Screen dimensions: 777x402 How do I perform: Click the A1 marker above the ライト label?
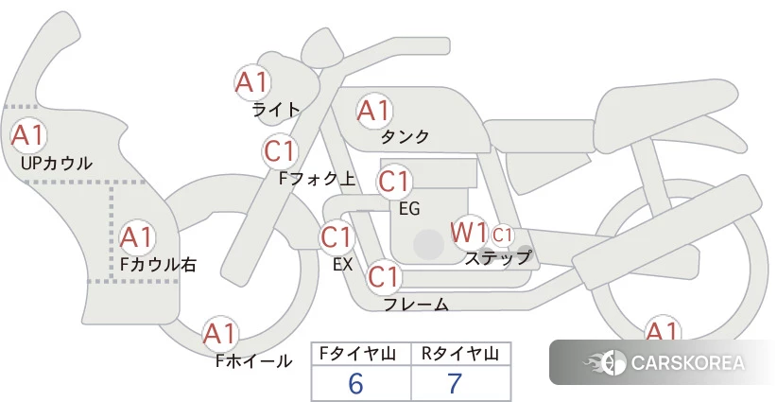point(252,82)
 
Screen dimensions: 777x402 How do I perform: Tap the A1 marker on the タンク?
point(374,111)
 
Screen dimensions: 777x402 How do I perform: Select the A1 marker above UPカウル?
point(28,135)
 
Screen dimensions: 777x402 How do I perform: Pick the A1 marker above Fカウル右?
point(137,238)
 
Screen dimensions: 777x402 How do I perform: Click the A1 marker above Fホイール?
point(220,334)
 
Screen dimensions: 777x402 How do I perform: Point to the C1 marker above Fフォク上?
point(280,151)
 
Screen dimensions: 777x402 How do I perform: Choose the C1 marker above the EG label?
point(394,182)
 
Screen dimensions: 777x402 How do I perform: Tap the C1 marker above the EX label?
point(337,236)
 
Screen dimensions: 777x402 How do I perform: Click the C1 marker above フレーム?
point(384,276)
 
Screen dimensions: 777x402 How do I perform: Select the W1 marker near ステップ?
point(469,233)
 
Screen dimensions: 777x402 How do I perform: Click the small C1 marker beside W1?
point(502,235)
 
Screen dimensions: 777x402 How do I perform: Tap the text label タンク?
point(405,137)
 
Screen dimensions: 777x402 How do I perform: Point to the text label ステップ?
point(498,258)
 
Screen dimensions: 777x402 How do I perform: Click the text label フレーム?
point(416,304)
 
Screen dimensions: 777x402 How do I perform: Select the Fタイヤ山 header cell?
point(361,354)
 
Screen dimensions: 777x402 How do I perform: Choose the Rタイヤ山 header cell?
point(461,354)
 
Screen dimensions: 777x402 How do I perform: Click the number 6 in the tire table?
point(355,383)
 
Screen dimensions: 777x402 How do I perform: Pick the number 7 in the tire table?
point(455,383)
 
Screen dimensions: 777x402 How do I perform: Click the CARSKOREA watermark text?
point(688,362)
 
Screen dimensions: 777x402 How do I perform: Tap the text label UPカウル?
point(57,163)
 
